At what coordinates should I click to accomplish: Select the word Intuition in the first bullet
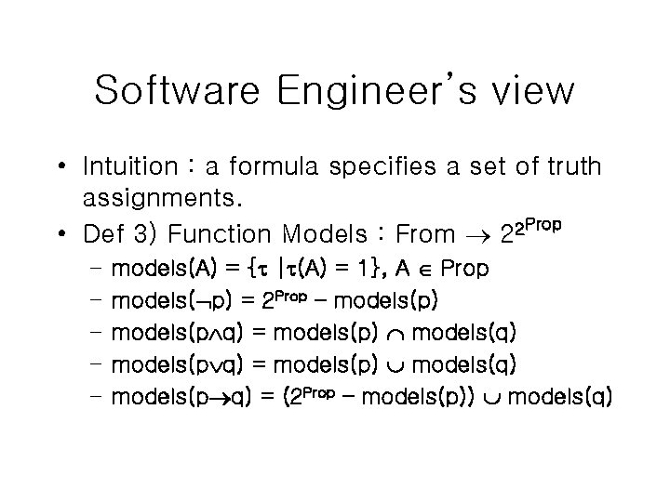[129, 167]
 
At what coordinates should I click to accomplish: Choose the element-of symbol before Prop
[423, 271]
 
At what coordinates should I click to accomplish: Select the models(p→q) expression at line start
[180, 397]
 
